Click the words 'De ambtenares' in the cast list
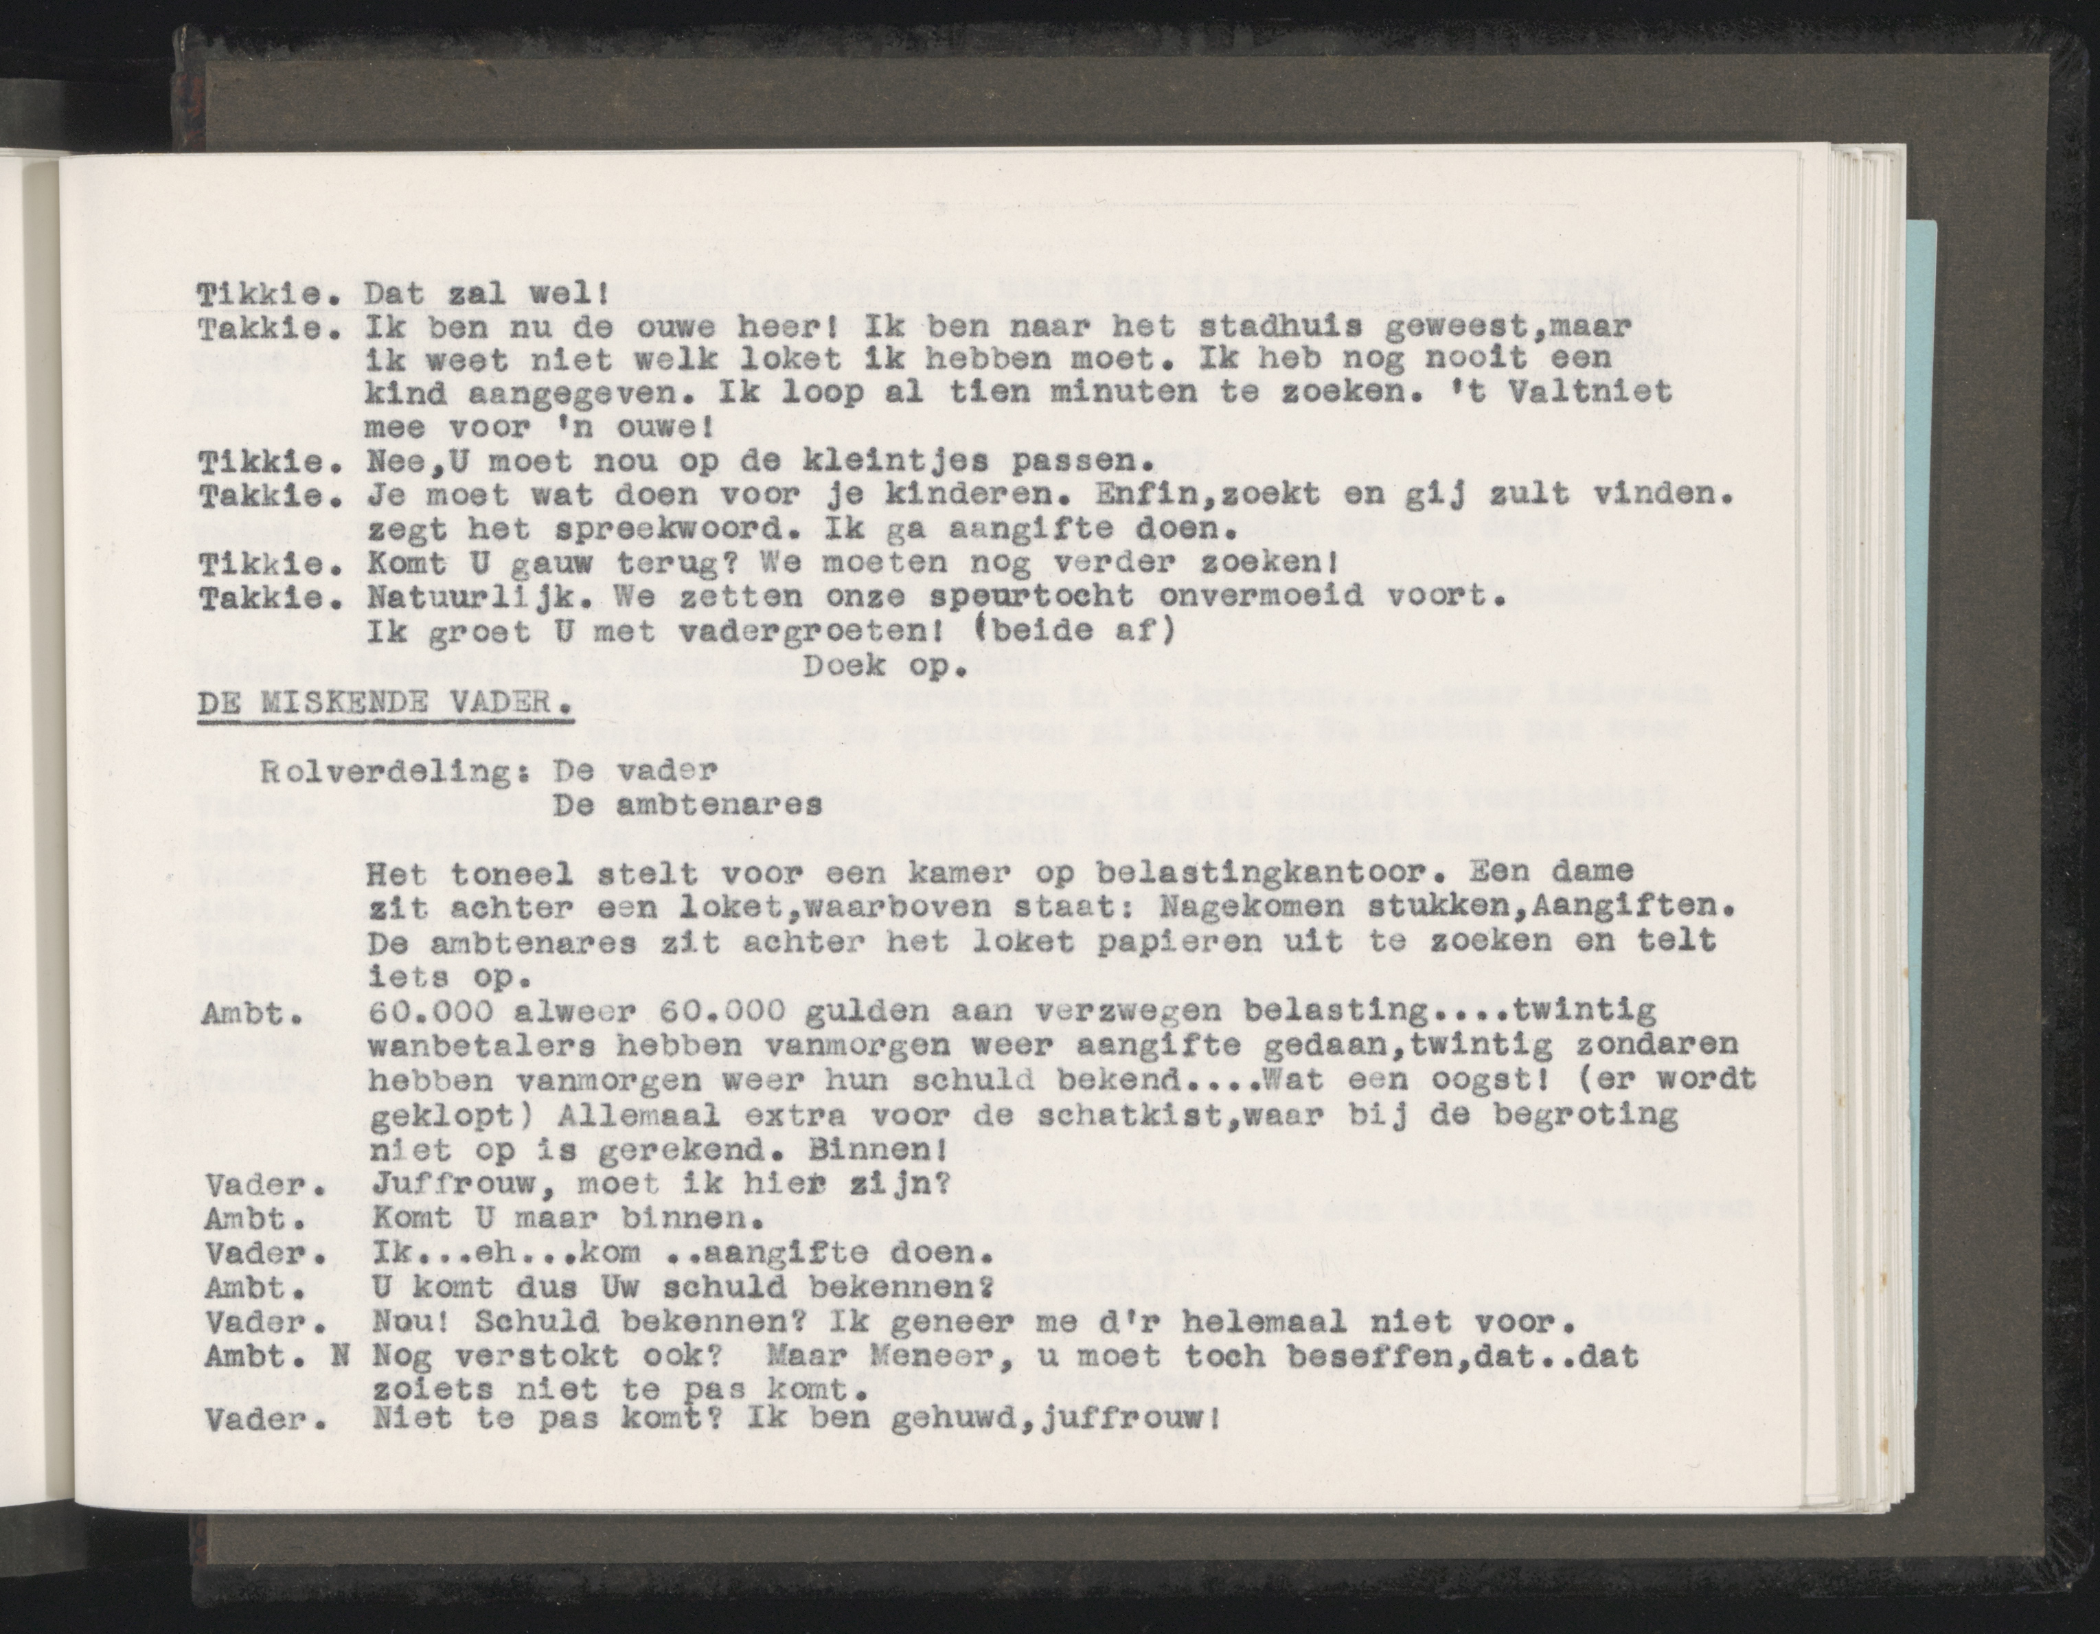coord(687,806)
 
